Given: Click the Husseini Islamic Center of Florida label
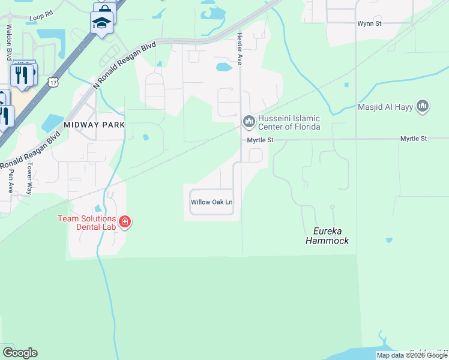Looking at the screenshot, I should click(289, 122).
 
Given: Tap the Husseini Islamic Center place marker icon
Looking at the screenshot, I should click(249, 122).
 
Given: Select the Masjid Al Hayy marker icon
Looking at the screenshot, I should click(423, 107).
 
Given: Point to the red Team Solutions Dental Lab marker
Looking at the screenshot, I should click(125, 222).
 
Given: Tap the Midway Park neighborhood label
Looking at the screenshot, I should click(94, 124).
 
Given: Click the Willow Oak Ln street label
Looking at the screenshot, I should click(211, 202).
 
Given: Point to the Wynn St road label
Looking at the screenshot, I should click(370, 23).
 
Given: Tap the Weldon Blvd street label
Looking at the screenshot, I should click(9, 41).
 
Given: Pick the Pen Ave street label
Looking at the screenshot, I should click(10, 180).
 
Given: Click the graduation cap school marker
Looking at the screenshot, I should click(101, 23).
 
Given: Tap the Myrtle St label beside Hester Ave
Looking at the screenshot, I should click(261, 140).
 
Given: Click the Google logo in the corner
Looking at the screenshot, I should click(20, 352).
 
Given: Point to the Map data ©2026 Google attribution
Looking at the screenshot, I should click(412, 355).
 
